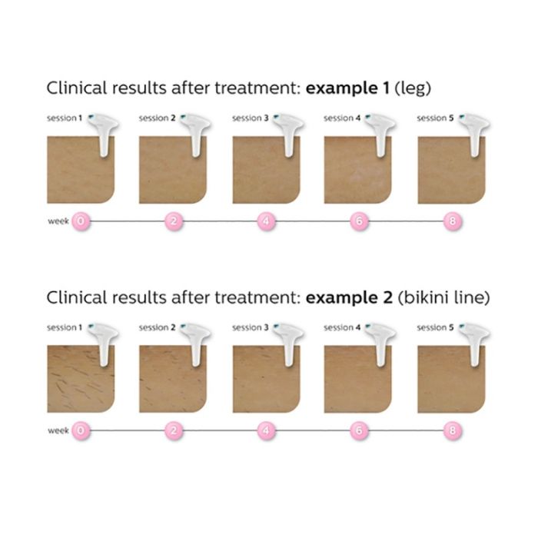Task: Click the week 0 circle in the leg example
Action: [81, 221]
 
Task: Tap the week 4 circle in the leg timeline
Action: [266, 221]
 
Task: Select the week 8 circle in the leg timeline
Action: [452, 221]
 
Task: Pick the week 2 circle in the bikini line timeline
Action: [174, 430]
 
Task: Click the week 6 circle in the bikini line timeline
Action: [359, 430]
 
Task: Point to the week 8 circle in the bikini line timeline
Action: [452, 430]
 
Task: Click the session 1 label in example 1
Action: [64, 118]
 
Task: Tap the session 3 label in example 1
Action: [250, 118]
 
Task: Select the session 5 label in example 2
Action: [435, 327]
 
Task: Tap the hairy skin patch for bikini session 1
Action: [77, 380]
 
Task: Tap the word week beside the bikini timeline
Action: [58, 430]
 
